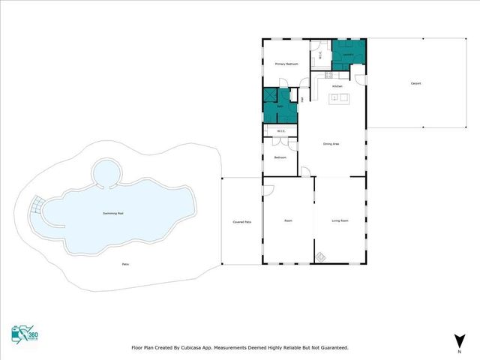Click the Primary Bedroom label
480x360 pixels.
(286, 64)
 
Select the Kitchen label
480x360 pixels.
(337, 87)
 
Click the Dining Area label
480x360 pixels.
(331, 143)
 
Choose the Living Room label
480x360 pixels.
(340, 220)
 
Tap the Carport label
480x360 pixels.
(415, 83)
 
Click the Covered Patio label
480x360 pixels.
(241, 222)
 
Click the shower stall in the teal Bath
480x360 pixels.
(270, 97)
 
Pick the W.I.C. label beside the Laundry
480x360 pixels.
(320, 55)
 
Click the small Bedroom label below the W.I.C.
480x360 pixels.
(280, 157)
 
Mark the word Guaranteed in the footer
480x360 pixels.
(331, 348)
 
